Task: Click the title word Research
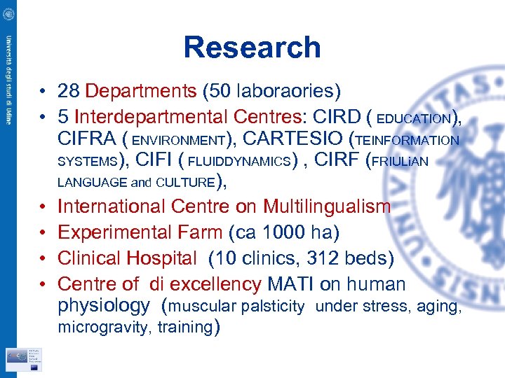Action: (252, 48)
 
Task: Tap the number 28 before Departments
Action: (69, 90)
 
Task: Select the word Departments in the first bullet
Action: (140, 90)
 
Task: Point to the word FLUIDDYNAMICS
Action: (239, 162)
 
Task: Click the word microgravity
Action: (102, 327)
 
